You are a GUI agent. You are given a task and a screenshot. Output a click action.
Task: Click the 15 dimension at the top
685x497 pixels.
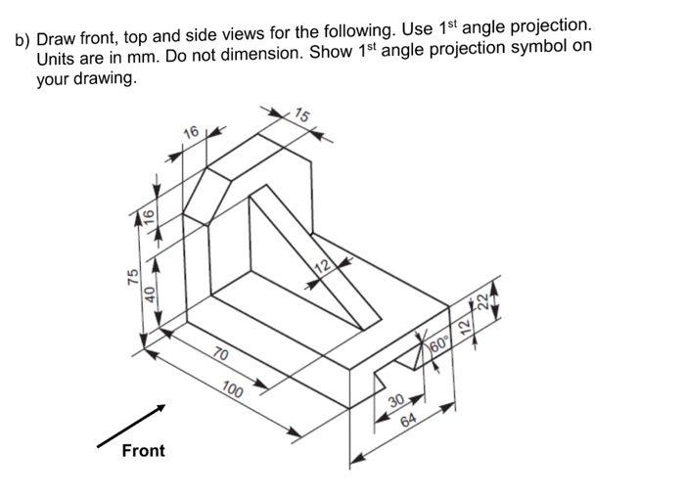coord(303,116)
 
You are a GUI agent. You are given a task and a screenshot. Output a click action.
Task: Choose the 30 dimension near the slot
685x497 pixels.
coord(395,402)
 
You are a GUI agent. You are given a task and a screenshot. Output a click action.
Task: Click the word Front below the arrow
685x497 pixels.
coord(143,451)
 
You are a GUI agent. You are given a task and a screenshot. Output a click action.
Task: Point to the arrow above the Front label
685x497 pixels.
coord(132,427)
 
